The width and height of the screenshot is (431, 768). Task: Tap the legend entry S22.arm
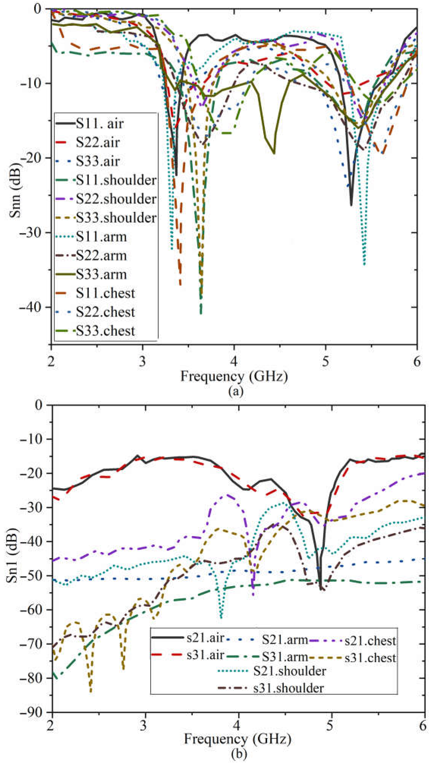click(101, 256)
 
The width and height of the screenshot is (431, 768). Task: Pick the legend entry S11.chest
click(105, 293)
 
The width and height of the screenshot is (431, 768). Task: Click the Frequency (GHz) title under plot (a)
click(234, 376)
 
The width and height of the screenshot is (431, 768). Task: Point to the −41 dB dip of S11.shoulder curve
click(201, 313)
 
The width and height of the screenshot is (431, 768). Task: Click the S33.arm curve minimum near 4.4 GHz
click(273, 153)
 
